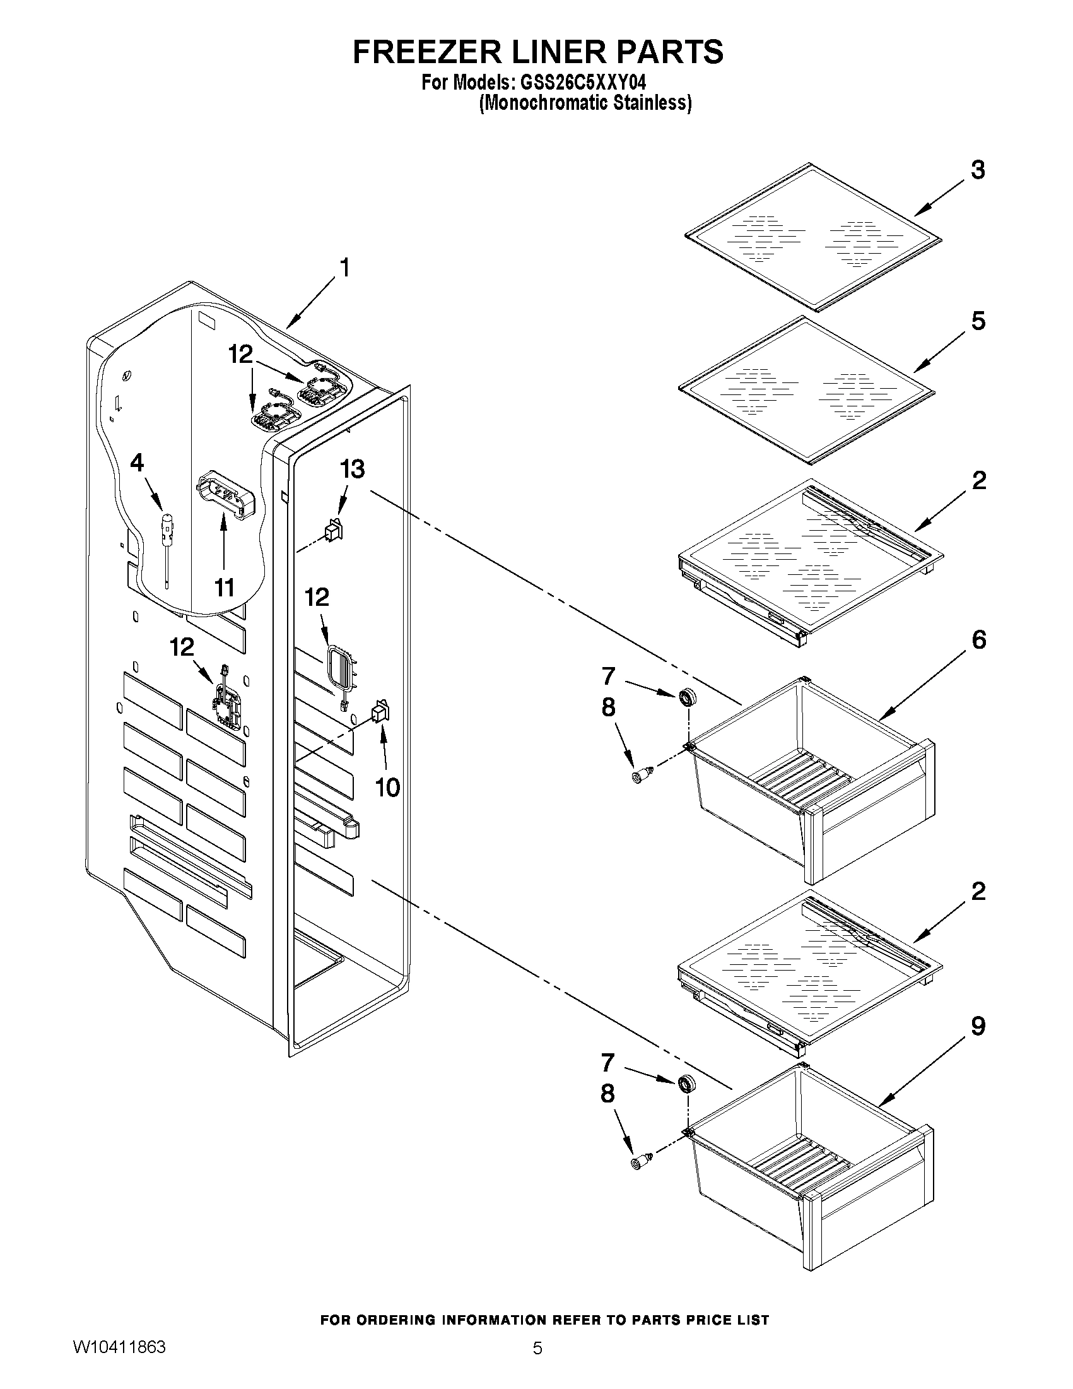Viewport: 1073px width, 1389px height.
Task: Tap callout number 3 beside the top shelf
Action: tap(978, 170)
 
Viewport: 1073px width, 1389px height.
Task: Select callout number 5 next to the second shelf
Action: tap(978, 321)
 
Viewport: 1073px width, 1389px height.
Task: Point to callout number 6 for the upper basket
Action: tap(978, 639)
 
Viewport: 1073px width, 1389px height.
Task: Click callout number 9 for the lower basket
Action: tap(978, 1026)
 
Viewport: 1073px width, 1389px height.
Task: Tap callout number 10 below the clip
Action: tap(387, 788)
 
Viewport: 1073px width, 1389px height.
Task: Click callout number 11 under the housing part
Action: tap(224, 588)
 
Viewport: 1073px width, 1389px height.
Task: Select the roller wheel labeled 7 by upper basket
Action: tap(686, 698)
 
